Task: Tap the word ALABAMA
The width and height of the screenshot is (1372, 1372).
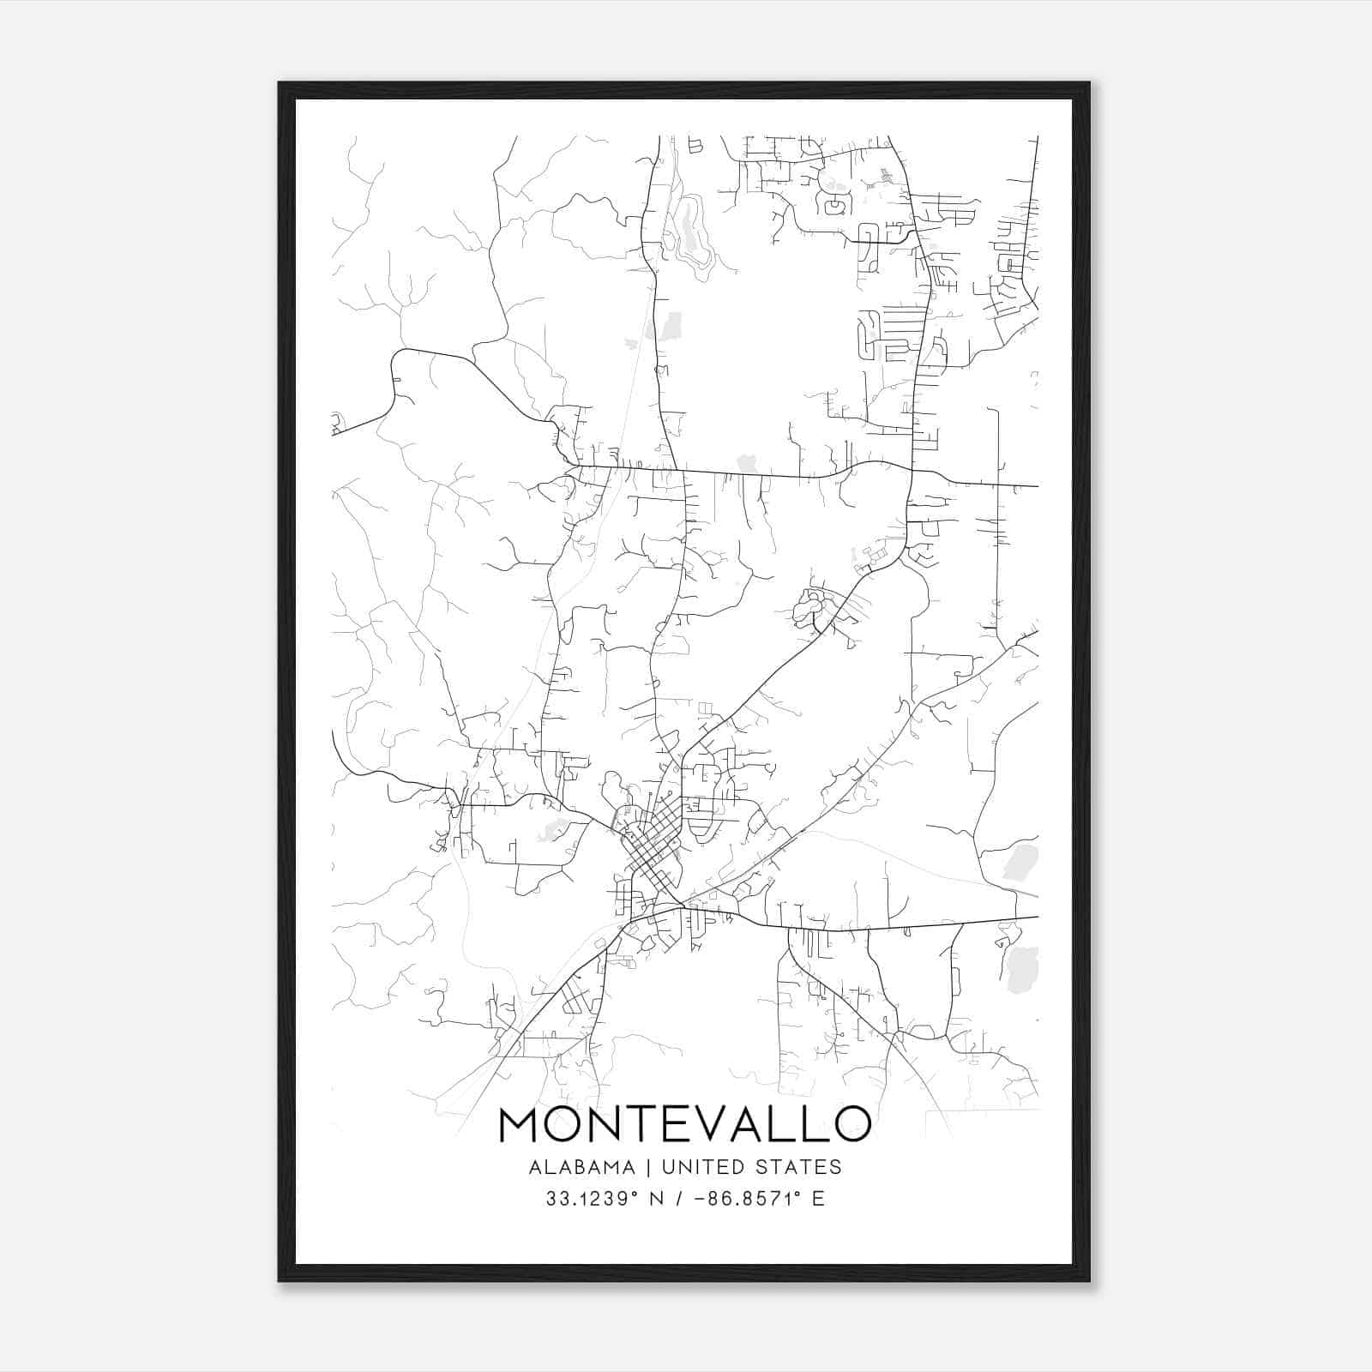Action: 582,1167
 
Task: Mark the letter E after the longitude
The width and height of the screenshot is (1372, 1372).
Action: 818,1199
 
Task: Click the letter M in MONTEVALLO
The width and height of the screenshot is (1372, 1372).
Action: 520,1124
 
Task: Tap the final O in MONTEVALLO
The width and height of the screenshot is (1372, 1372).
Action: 851,1124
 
